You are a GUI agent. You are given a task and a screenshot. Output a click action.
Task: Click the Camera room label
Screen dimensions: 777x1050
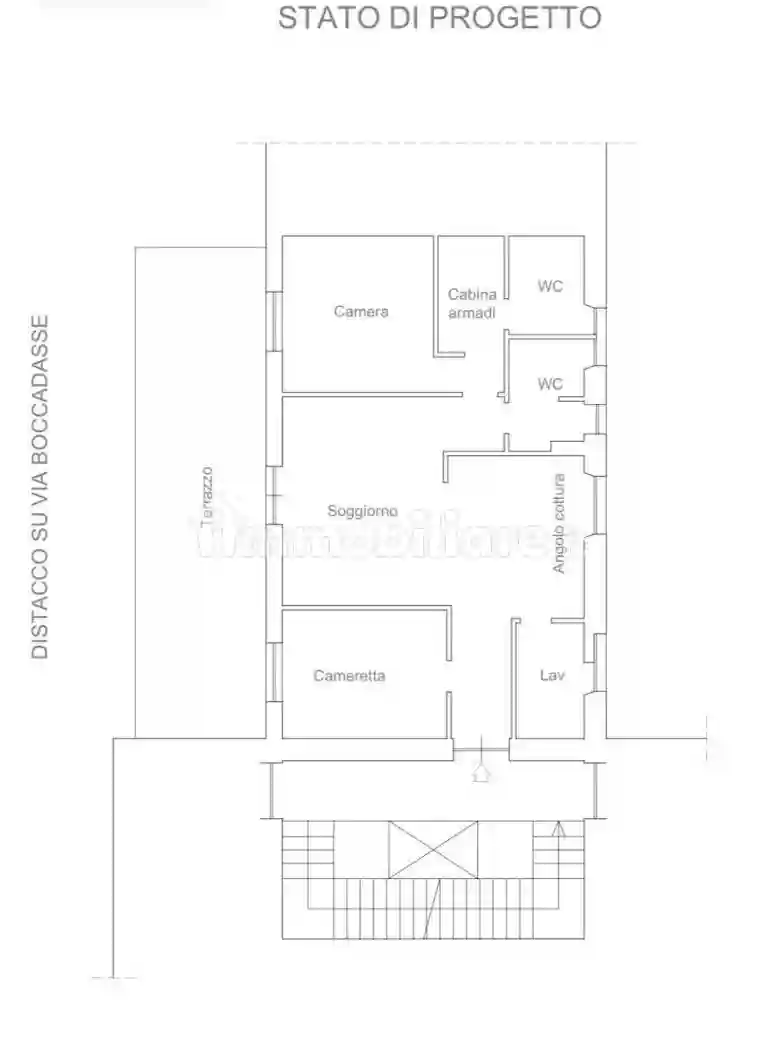point(361,311)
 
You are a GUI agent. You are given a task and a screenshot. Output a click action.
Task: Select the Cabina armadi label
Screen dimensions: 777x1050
point(472,303)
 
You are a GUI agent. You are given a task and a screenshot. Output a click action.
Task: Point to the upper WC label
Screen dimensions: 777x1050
point(550,286)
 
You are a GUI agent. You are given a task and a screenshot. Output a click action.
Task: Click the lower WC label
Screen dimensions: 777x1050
point(550,384)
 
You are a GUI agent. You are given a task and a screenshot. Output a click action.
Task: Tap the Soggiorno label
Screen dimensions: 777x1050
point(362,511)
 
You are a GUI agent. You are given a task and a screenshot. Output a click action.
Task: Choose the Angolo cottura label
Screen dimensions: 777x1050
point(559,524)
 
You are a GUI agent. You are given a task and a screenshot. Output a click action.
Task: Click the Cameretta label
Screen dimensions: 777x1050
point(349,676)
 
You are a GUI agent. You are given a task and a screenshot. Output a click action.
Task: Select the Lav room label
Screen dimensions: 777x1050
point(552,675)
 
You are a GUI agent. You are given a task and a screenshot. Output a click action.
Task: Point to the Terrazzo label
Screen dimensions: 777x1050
point(207,496)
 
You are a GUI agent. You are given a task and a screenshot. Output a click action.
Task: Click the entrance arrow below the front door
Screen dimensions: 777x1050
point(481,772)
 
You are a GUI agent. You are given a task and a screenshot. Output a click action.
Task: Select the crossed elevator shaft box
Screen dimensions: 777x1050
point(433,849)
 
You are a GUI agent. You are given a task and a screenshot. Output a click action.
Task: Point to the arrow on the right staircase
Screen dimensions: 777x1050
point(559,830)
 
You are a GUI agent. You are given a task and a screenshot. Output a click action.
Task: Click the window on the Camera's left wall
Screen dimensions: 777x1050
point(274,321)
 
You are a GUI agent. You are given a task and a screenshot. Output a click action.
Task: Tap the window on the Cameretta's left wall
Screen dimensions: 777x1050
point(274,672)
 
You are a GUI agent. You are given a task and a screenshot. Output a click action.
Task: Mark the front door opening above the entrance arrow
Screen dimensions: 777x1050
point(481,749)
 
